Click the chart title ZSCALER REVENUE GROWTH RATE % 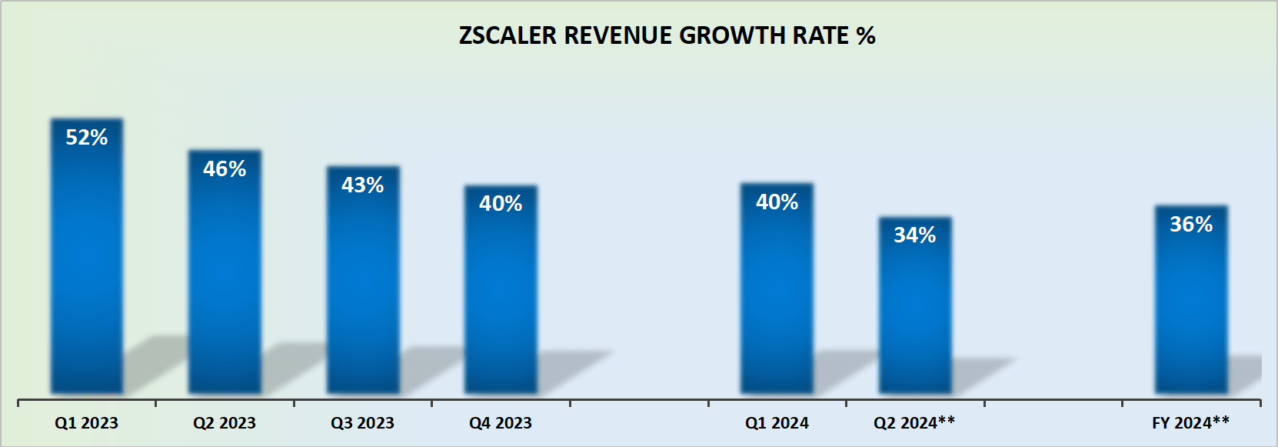[x=667, y=36]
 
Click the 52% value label [x=87, y=138]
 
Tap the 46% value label [x=225, y=169]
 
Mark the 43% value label [x=363, y=185]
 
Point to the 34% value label [x=915, y=235]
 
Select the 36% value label [x=1191, y=225]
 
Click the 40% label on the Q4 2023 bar [x=501, y=204]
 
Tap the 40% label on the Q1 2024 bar [x=777, y=202]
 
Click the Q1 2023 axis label [x=86, y=423]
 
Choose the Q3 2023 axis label [x=362, y=423]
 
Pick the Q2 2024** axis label [x=914, y=422]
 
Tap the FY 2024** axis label [x=1190, y=422]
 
